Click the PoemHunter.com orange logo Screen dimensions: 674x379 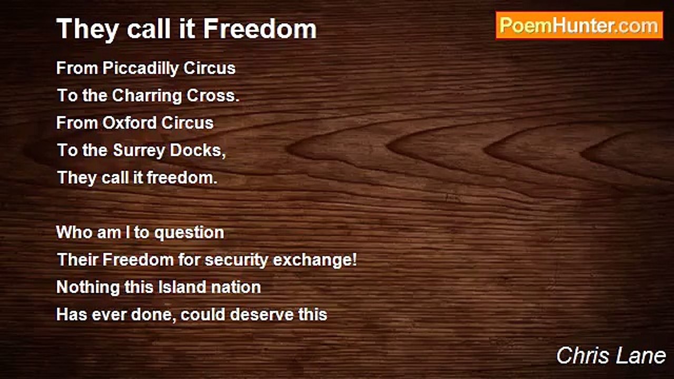(x=579, y=26)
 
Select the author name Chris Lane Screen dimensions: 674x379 (x=611, y=356)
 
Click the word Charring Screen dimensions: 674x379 (x=147, y=96)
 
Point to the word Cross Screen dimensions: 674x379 (x=213, y=96)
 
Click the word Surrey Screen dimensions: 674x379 (x=138, y=151)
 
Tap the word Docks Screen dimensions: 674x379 (x=197, y=151)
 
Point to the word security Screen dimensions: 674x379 (x=236, y=260)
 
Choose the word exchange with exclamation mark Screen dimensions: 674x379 (x=315, y=260)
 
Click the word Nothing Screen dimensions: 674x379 (x=88, y=287)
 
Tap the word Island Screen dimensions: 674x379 (x=182, y=287)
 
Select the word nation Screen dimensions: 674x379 (x=235, y=287)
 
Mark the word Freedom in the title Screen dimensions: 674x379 (x=260, y=28)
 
